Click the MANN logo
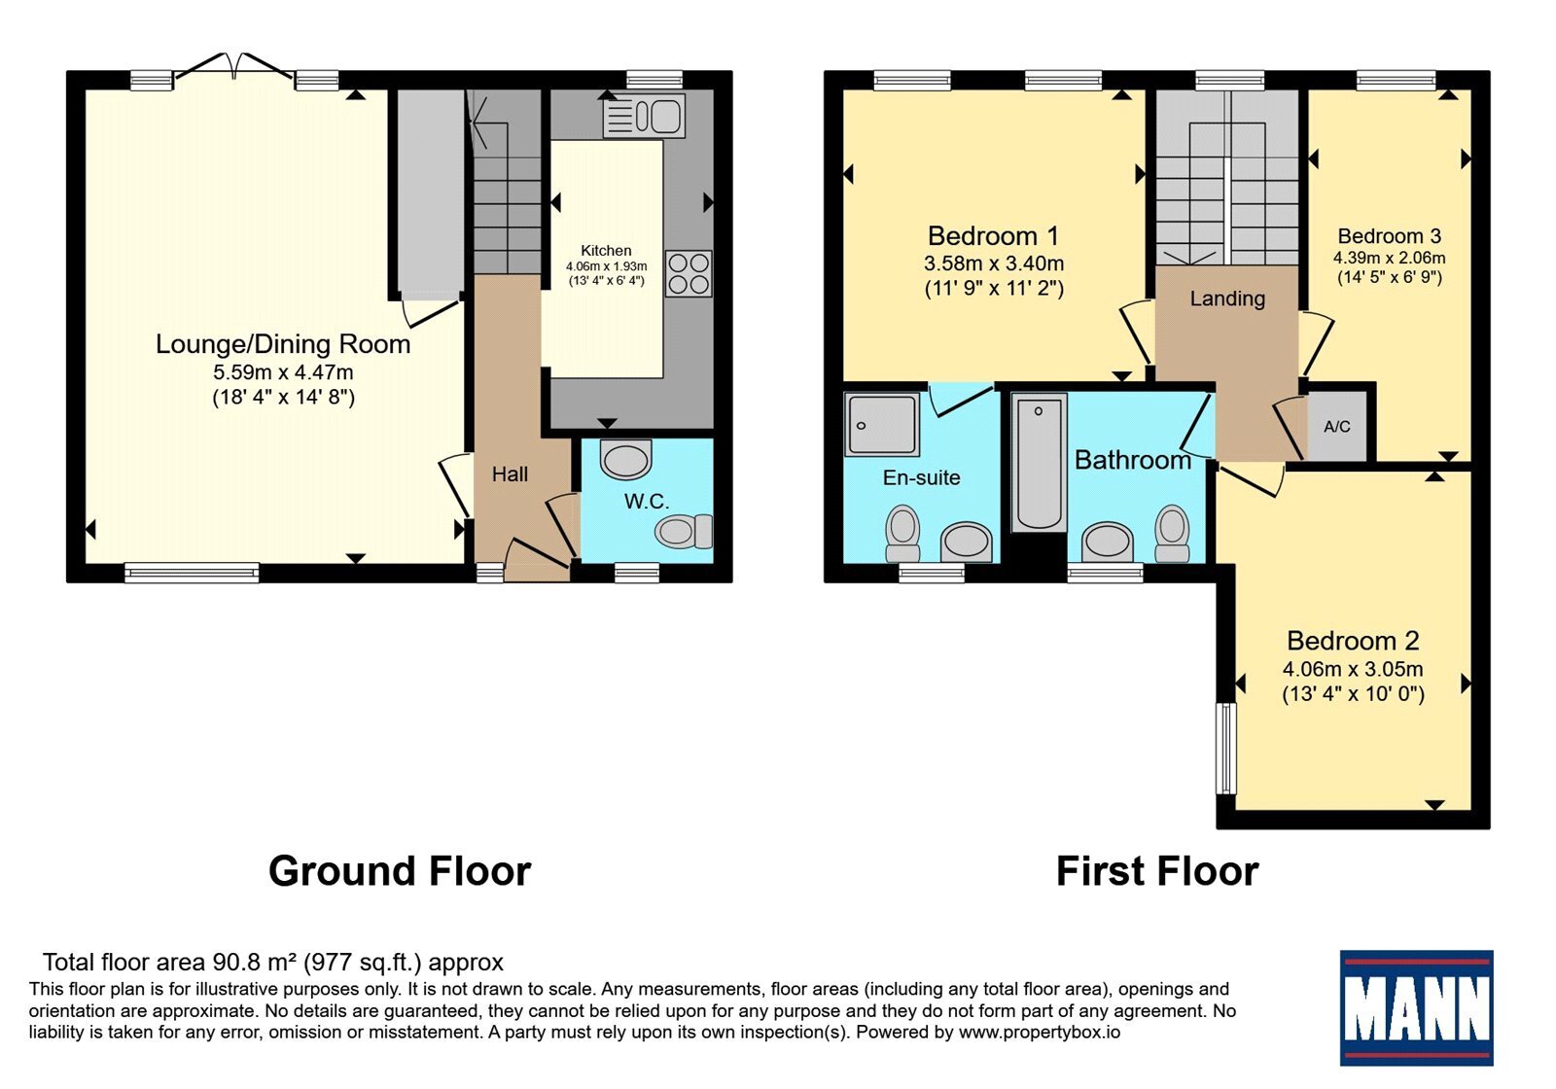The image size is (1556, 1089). pos(1416,1007)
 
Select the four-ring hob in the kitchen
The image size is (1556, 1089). pos(689,273)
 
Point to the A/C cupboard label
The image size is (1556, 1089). pos(1337,427)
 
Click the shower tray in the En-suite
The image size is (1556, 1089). pos(882,424)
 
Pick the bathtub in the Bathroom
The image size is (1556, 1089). pos(1039,463)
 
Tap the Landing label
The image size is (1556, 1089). pos(1227,299)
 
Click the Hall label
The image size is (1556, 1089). pos(510,474)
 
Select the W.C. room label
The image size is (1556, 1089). pos(647,501)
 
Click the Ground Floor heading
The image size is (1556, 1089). pos(400,871)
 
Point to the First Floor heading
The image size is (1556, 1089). pos(1157,871)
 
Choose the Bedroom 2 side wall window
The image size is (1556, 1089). pos(1226,748)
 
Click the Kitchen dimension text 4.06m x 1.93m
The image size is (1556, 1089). pos(607,266)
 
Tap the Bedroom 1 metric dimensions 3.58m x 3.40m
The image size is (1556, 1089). pos(994,263)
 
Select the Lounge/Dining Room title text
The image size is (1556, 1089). pos(283,344)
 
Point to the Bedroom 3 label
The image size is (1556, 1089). pos(1390,236)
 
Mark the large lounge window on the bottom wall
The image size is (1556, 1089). pos(192,573)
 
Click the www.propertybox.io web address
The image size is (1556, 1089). pos(1040,1032)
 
